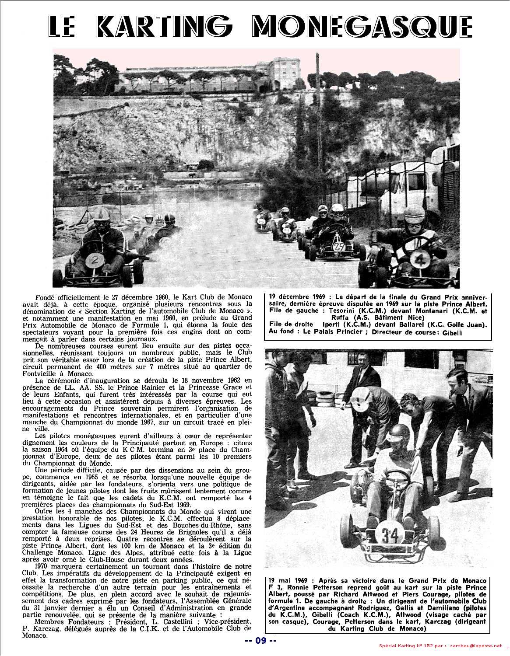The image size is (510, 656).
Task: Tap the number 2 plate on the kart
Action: click(x=93, y=261)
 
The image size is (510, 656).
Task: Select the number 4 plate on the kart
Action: click(x=419, y=260)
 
